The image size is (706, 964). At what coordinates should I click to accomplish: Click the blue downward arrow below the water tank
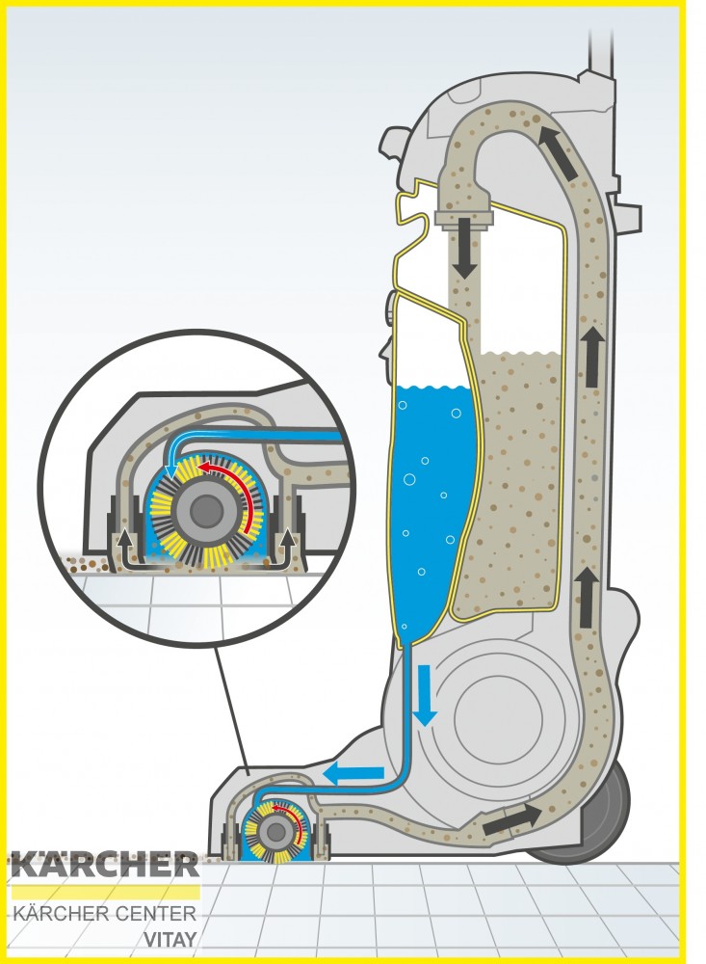(x=425, y=695)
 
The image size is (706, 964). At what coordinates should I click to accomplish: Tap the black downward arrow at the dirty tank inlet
(x=466, y=247)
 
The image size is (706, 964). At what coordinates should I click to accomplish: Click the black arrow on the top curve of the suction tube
(x=559, y=152)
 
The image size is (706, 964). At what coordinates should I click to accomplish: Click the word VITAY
(x=170, y=940)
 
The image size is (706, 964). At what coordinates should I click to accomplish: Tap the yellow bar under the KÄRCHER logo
(x=106, y=893)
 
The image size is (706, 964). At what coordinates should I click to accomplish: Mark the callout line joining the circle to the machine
(x=232, y=707)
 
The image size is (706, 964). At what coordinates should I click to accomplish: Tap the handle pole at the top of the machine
(x=601, y=49)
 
